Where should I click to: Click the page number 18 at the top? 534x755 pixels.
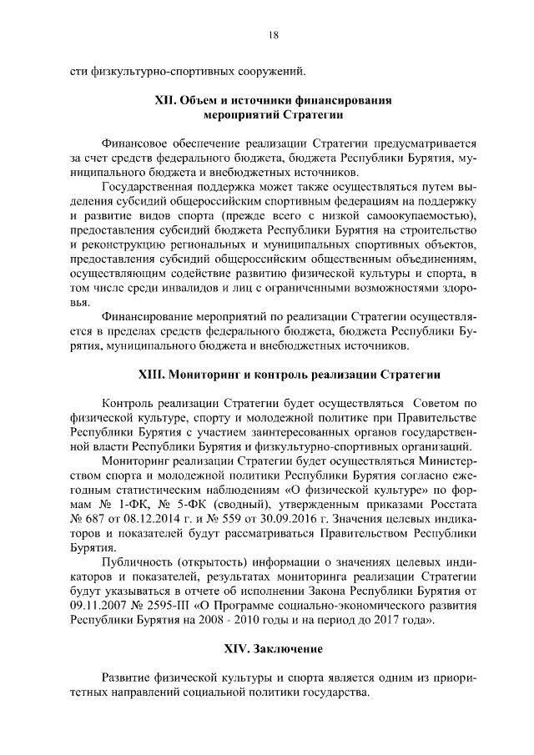(x=274, y=35)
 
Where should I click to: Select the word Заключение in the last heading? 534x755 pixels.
(x=289, y=648)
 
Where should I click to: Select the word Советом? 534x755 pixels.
(x=438, y=403)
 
